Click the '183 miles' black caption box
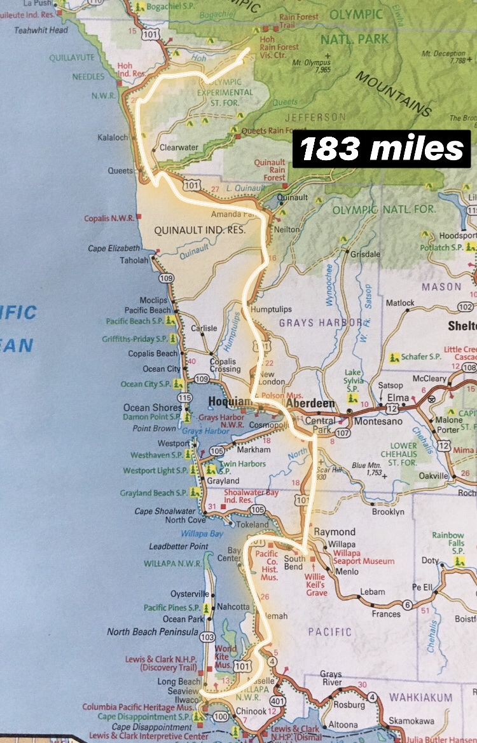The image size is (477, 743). [382, 149]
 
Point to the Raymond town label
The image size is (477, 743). [335, 531]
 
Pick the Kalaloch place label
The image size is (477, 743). [113, 137]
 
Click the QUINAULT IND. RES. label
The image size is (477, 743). [200, 229]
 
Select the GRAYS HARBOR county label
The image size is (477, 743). [321, 322]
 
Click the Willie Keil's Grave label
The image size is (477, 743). [315, 585]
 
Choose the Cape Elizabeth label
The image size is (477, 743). [114, 249]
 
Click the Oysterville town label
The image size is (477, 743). [190, 594]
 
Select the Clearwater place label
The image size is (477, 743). [179, 147]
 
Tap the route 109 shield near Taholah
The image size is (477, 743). [167, 278]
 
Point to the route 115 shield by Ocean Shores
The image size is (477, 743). [184, 397]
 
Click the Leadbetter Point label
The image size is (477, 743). [179, 546]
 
